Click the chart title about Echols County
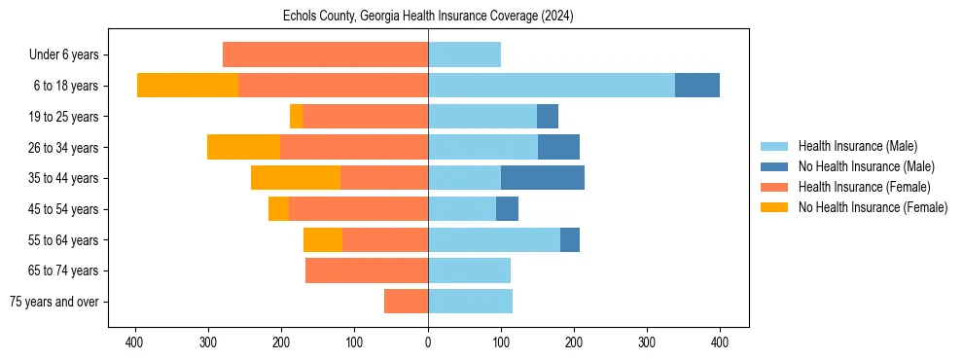pyautogui.click(x=428, y=17)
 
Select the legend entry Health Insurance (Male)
pyautogui.click(x=857, y=146)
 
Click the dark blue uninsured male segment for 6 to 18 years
pyautogui.click(x=697, y=86)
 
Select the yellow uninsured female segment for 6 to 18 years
pyautogui.click(x=188, y=86)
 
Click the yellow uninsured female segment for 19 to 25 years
pyautogui.click(x=296, y=117)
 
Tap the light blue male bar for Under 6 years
pyautogui.click(x=464, y=54)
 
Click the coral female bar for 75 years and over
pyautogui.click(x=406, y=302)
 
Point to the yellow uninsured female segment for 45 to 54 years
pyautogui.click(x=278, y=209)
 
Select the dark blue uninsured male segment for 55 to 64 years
pyautogui.click(x=570, y=239)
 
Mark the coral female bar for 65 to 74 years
pyautogui.click(x=367, y=270)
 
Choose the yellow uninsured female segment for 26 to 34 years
pyautogui.click(x=243, y=147)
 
